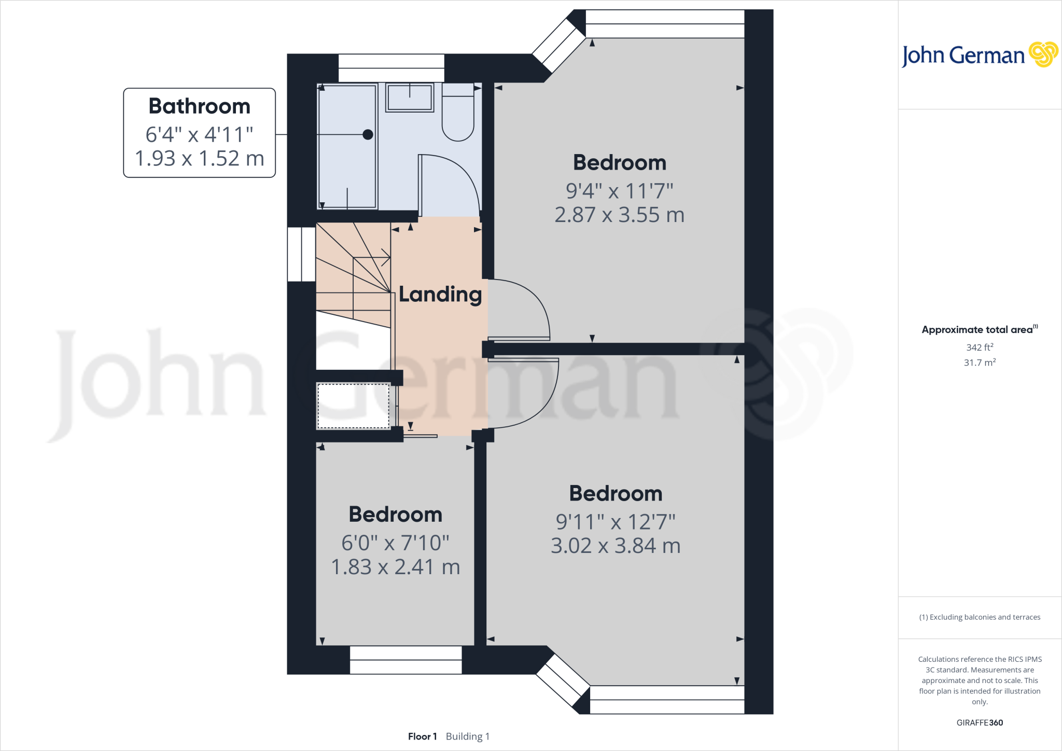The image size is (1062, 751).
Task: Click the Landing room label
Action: (x=440, y=295)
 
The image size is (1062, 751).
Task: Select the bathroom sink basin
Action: (x=410, y=98)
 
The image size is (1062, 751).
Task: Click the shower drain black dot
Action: (x=368, y=135)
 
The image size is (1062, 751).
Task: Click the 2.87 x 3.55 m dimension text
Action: (x=619, y=215)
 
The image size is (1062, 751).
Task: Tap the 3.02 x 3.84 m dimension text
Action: (x=616, y=546)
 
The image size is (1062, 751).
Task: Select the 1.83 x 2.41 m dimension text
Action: (x=395, y=567)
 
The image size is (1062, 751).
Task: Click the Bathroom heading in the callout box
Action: (x=199, y=106)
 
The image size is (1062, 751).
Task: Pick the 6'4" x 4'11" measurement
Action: (x=199, y=134)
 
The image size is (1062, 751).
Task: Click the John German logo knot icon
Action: (x=1043, y=54)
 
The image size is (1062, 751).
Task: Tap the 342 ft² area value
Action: (x=980, y=347)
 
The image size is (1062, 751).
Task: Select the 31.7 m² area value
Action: (x=980, y=363)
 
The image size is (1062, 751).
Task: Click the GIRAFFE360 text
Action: (x=980, y=722)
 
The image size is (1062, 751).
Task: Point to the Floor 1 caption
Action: (x=422, y=736)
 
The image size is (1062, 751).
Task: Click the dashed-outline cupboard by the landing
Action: (x=353, y=406)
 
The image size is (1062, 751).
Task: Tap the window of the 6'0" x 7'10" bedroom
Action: (x=406, y=660)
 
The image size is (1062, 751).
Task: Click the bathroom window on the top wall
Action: (x=392, y=68)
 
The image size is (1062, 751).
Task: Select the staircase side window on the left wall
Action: (x=301, y=254)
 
